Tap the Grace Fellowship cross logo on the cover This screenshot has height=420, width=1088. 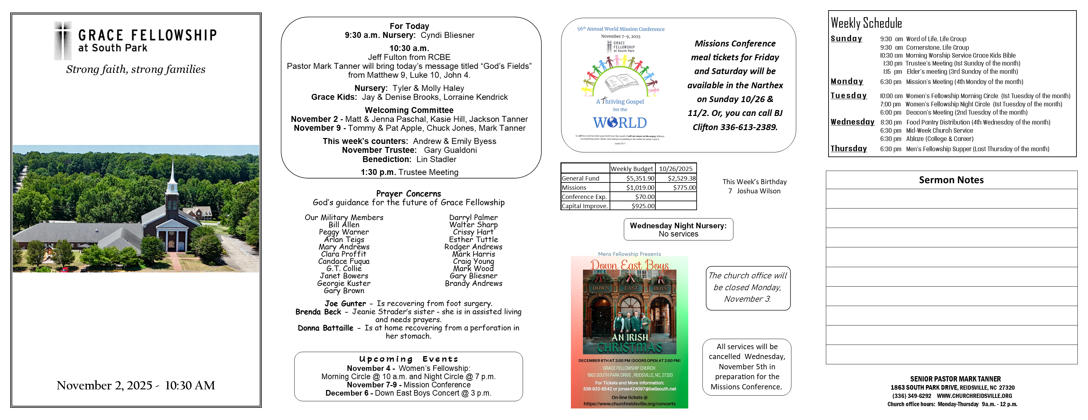pyautogui.click(x=63, y=41)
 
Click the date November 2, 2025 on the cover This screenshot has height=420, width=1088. pyautogui.click(x=104, y=385)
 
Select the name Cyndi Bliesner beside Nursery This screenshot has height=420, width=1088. pyautogui.click(x=447, y=35)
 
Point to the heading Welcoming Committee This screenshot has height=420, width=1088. pyautogui.click(x=409, y=110)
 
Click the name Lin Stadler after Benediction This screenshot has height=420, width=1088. pyautogui.click(x=436, y=159)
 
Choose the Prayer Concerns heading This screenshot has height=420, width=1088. pyautogui.click(x=408, y=193)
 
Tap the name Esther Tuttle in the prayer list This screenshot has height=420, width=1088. pyautogui.click(x=473, y=239)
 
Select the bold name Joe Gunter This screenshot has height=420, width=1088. pyautogui.click(x=345, y=303)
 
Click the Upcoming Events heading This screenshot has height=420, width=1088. pyautogui.click(x=408, y=359)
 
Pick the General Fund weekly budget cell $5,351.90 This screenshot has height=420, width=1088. pyautogui.click(x=640, y=179)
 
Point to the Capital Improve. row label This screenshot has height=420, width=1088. pyautogui.click(x=585, y=206)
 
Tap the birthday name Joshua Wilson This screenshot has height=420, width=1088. pyautogui.click(x=759, y=191)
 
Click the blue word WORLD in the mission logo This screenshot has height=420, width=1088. pyautogui.click(x=620, y=123)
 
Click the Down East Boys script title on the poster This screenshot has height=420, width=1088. pyautogui.click(x=629, y=265)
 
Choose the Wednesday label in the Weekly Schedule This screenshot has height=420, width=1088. pyautogui.click(x=852, y=122)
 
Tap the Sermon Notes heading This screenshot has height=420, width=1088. pyautogui.click(x=951, y=180)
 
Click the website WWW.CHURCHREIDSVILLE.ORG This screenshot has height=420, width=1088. pyautogui.click(x=974, y=396)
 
